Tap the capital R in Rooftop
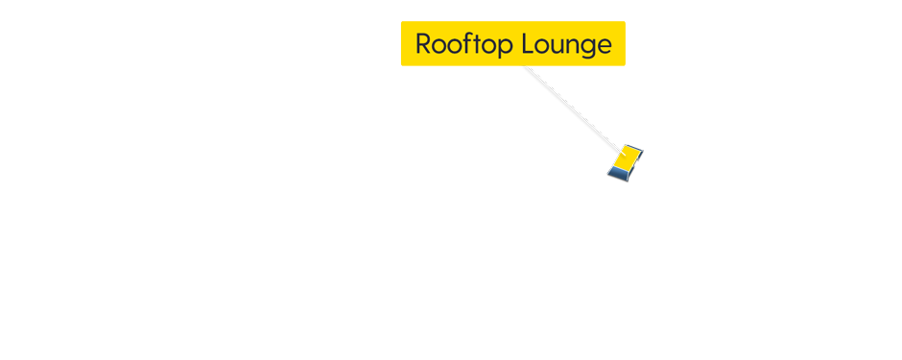tap(423, 44)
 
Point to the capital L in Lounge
tap(528, 44)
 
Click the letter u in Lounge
tap(557, 46)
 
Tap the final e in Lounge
tap(603, 46)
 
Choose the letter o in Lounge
tap(541, 46)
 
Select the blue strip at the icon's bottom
tap(619, 174)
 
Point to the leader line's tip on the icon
tap(617, 149)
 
